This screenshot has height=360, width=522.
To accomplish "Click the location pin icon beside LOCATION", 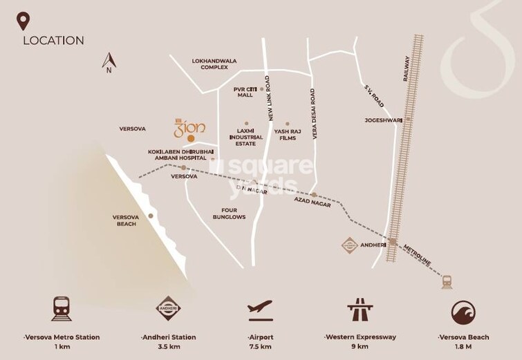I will point(24,21).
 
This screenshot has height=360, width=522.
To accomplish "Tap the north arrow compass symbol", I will point(108,62).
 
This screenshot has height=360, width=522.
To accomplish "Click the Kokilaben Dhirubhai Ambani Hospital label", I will point(177,154).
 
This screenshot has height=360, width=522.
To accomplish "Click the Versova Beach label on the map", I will point(127,220).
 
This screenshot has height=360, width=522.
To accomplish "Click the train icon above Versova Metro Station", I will point(62,311).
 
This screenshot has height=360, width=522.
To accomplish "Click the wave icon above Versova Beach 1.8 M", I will point(463,311).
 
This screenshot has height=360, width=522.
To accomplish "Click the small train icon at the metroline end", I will point(447,281).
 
